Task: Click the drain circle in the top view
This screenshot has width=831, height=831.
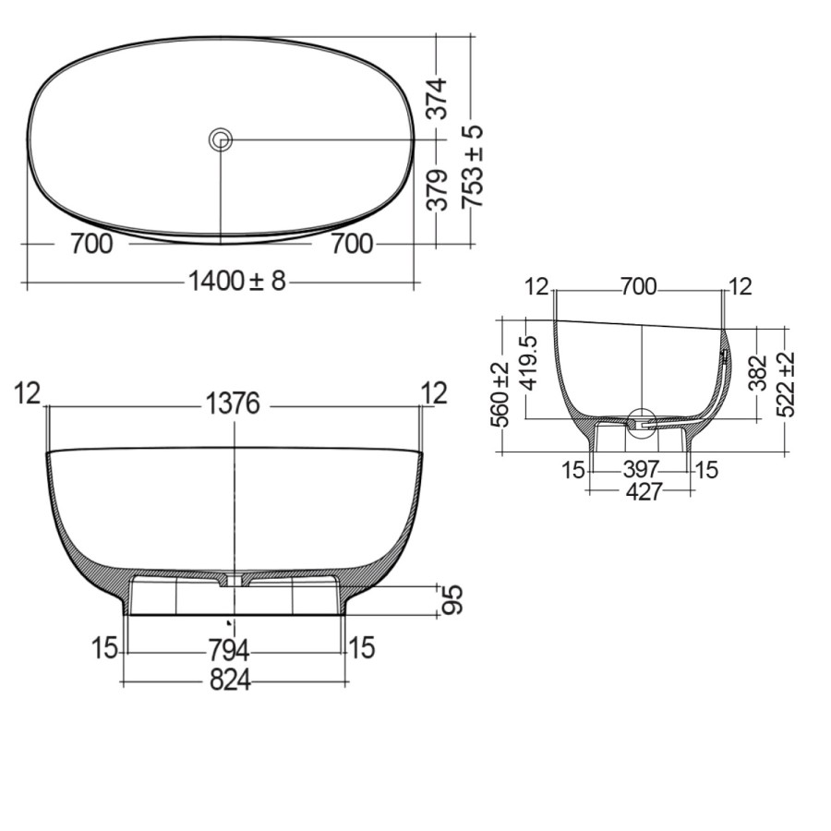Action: (220, 139)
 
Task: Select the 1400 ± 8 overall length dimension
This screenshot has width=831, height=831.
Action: (237, 281)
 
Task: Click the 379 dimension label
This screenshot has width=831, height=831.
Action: (440, 188)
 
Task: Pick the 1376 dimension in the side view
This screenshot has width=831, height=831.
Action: (233, 404)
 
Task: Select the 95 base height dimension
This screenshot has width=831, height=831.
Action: (452, 599)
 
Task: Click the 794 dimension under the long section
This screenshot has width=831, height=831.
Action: (229, 649)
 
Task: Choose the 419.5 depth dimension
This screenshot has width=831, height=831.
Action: (528, 364)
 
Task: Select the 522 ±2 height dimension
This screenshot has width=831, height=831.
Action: (786, 384)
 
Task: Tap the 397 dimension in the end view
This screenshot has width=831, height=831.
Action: (642, 469)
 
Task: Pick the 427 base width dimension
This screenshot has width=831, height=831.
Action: (644, 492)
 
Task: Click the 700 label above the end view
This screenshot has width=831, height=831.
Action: (638, 287)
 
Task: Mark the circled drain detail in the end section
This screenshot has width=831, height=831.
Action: (641, 422)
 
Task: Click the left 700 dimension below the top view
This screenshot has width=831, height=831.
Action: (90, 245)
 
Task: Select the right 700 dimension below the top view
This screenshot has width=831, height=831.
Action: (352, 245)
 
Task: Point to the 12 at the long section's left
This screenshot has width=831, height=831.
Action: (28, 393)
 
